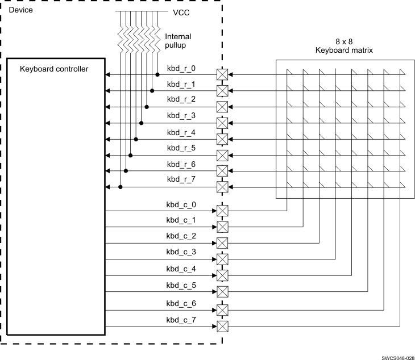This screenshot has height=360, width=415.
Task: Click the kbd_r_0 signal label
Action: pos(181,69)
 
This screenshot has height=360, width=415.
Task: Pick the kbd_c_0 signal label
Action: pos(181,203)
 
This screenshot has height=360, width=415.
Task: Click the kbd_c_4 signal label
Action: pos(181,268)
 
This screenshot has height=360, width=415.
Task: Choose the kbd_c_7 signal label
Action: pos(181,321)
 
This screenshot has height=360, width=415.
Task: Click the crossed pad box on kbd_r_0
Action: pos(222,74)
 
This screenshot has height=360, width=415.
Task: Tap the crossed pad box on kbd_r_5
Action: pos(222,154)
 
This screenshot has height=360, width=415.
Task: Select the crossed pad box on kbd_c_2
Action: pos(222,242)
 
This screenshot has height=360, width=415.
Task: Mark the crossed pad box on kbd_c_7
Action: pos(222,326)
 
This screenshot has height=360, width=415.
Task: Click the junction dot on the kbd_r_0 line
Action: pos(157,74)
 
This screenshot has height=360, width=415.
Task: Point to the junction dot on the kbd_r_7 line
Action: pos(121,187)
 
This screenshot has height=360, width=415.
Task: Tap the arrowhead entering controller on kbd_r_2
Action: pos(109,106)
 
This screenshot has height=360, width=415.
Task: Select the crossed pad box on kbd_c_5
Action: pos(222,292)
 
